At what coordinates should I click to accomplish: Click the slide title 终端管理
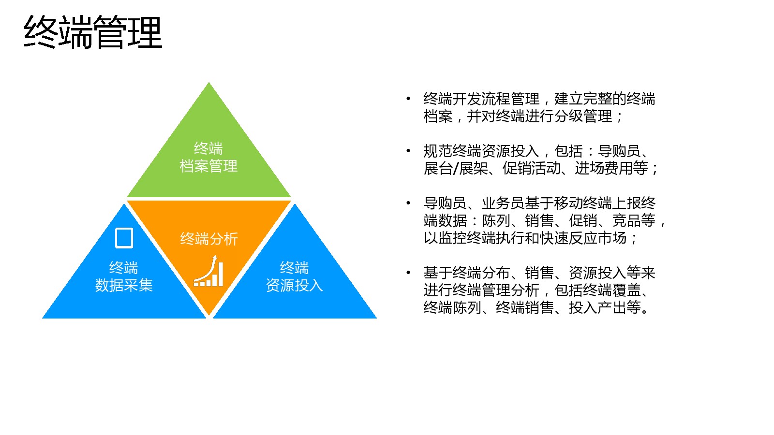coord(93,32)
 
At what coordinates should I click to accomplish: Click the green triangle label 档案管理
coord(208,166)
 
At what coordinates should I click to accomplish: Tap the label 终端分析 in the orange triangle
coord(208,239)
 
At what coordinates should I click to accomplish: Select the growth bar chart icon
coord(208,271)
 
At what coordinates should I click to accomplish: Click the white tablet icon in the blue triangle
coord(124,238)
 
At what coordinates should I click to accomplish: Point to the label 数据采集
coord(124,285)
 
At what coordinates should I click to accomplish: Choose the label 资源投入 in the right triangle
coord(294,285)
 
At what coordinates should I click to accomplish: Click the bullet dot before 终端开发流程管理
coord(408,99)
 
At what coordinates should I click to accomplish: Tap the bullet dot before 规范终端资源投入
coord(408,151)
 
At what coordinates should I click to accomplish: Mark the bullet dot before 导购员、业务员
coord(408,203)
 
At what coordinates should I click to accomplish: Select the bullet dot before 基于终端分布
coord(408,273)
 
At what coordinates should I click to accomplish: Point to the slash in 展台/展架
coord(456,169)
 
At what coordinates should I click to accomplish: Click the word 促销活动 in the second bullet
coord(531,168)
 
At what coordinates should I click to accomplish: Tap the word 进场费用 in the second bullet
coord(604,168)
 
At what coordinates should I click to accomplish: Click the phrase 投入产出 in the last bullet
coord(598,307)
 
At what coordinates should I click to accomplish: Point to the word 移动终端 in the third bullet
coord(582,203)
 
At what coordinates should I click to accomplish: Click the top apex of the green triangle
coord(208,83)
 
